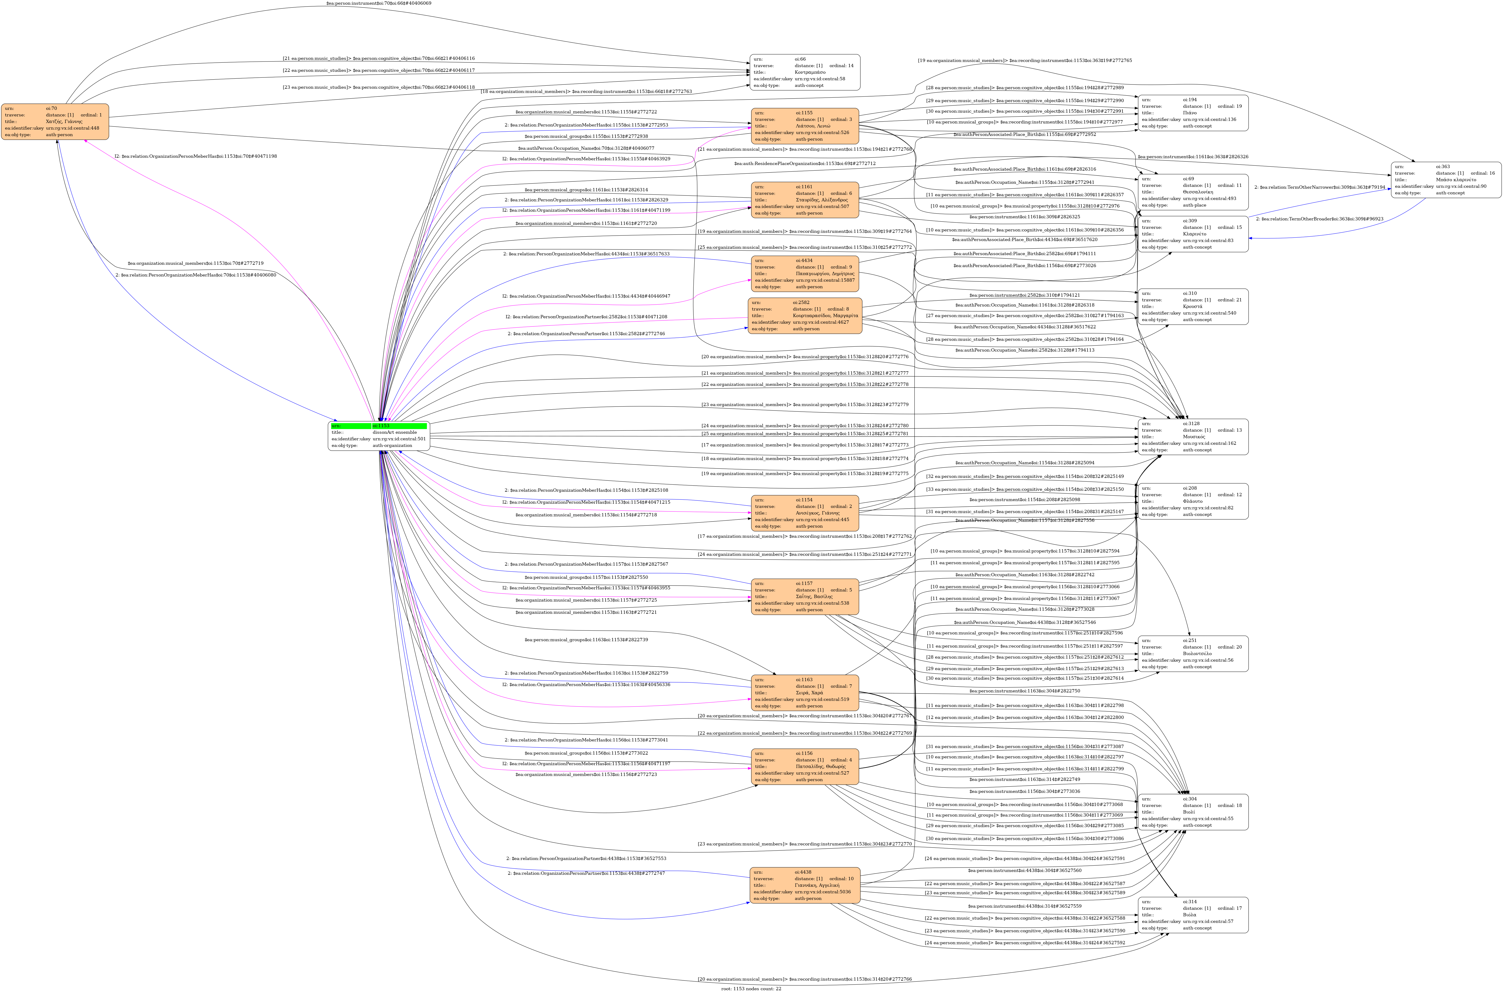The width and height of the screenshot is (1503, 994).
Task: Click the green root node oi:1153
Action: [x=378, y=436]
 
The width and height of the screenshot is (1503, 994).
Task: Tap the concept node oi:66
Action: [x=804, y=72]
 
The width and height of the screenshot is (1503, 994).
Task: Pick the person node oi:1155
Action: [x=804, y=126]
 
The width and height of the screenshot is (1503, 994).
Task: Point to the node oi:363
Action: [x=1445, y=180]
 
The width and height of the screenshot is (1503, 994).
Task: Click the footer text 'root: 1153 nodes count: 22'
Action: [x=751, y=988]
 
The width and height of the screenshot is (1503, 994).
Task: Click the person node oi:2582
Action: [x=804, y=316]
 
